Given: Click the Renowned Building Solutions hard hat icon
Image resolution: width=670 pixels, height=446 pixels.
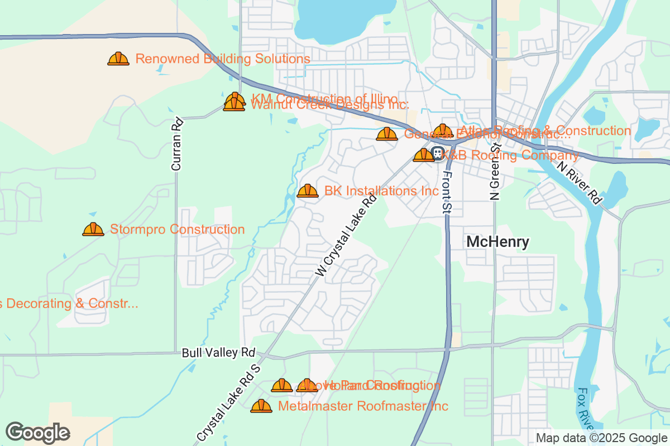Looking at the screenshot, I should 118,59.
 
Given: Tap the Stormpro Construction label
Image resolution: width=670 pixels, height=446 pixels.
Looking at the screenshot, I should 177,229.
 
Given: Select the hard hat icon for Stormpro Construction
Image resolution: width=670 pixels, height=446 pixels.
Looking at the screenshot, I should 93,229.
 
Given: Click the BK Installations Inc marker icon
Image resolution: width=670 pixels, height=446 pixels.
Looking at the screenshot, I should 307,191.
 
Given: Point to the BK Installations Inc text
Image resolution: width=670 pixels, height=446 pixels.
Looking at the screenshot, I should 381,191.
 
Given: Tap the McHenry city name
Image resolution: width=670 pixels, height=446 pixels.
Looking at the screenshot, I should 497,241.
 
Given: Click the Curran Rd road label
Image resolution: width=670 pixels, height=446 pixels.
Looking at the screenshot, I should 177,144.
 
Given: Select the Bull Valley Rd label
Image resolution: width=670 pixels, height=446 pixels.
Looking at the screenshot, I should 218,353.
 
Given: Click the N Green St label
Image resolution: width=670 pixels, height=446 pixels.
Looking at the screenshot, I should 495,172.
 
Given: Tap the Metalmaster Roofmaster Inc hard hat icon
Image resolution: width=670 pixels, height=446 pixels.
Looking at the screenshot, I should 261,406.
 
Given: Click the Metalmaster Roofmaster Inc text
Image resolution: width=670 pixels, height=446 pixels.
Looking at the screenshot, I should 363,406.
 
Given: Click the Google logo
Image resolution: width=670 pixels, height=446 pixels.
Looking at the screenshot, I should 38,433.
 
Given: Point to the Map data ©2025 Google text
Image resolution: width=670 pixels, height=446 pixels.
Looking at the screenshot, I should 601,438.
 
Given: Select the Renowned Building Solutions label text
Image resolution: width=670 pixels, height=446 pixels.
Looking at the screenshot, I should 223,59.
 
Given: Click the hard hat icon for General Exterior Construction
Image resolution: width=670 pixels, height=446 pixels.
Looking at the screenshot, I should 387,134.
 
